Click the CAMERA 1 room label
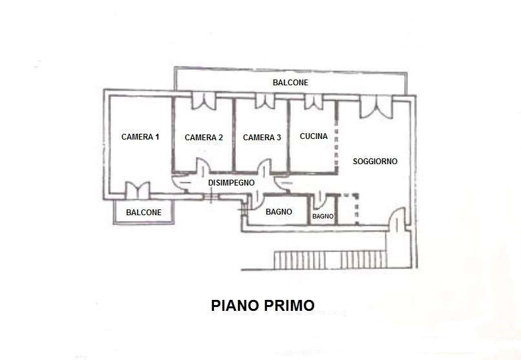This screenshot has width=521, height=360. click(140, 137)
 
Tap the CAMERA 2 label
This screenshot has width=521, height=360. click(204, 138)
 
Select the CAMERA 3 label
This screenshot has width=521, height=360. click(262, 138)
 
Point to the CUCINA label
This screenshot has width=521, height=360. click(314, 136)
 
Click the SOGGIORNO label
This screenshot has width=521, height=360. click(375, 162)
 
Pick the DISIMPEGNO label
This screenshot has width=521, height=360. click(231, 183)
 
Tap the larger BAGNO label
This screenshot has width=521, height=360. click(279, 212)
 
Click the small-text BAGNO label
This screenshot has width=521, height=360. click(323, 217)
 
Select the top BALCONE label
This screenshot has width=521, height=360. click(290, 82)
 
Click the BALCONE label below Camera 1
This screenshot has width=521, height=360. click(144, 213)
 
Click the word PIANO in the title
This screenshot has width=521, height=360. click(235, 306)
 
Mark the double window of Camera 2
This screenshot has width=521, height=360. click(204, 101)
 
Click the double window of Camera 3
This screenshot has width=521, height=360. click(265, 101)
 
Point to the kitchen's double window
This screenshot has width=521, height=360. click(314, 101)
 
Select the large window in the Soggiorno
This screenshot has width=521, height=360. click(376, 106)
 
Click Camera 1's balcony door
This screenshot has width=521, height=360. click(138, 191)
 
